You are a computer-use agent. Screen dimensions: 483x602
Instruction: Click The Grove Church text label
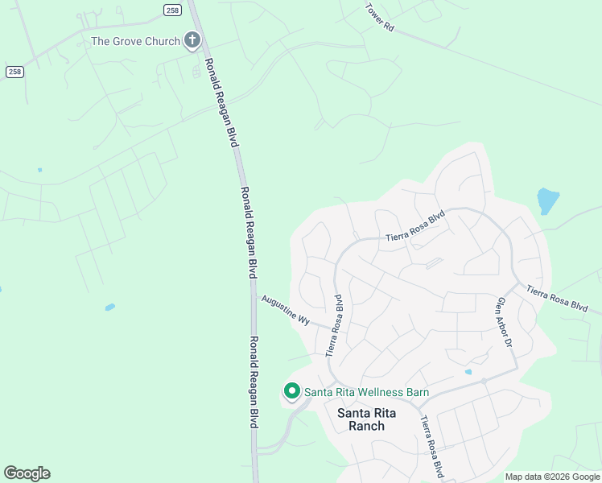point(135,41)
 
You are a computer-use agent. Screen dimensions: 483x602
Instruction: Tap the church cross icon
point(192,40)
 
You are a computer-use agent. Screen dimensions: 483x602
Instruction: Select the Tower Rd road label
point(379,18)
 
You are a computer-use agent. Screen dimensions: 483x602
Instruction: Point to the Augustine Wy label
point(285,310)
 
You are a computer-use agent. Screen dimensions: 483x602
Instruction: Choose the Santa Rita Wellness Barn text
point(365,392)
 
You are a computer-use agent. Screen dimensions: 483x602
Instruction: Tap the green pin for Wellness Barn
point(291,392)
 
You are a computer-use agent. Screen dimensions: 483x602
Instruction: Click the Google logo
point(27,473)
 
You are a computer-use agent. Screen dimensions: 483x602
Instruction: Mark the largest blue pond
point(547,200)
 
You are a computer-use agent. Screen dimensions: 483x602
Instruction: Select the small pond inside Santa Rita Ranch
point(468,372)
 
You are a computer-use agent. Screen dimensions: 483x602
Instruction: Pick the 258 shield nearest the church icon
point(171,9)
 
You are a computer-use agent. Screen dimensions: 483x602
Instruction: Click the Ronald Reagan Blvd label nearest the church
point(221,101)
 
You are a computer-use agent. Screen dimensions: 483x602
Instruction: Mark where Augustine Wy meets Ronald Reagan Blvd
point(256,295)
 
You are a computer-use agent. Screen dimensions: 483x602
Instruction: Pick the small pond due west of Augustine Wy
point(109,307)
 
